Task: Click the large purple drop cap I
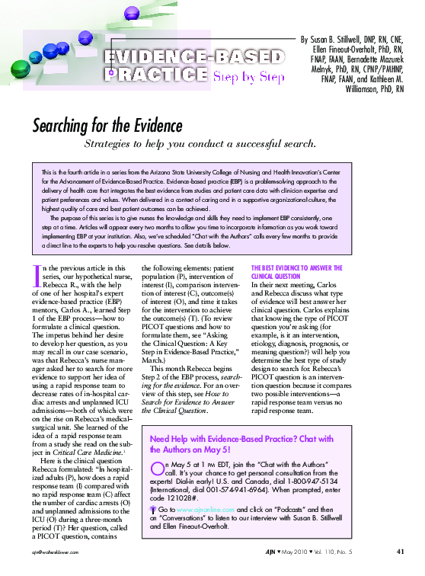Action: tap(40, 275)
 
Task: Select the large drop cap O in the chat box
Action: tap(158, 466)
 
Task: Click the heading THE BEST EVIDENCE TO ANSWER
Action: tap(296, 267)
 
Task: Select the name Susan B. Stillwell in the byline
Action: tap(342, 39)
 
